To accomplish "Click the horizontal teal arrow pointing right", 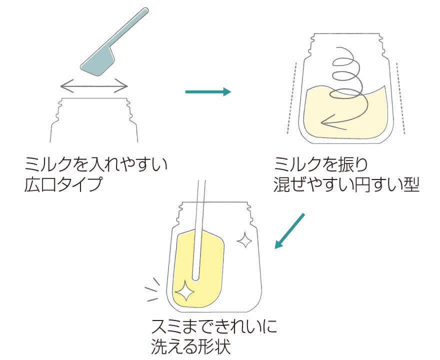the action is coord(207,91).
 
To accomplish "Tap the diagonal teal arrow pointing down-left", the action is coord(290,230).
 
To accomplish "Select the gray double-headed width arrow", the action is coord(94,86).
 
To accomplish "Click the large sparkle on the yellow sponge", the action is coord(185,290).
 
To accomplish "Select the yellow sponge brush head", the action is coord(200,270).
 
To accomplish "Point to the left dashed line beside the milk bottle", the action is coord(292,97).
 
